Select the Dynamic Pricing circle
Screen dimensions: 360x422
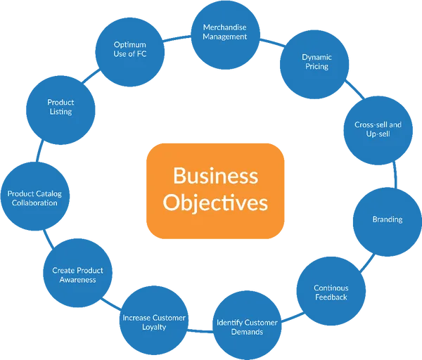point(315,62)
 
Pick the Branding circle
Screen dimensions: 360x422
point(387,219)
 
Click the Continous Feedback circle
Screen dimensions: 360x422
point(331,292)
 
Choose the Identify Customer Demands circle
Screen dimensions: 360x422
point(247,326)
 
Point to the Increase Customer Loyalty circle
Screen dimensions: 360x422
point(154,322)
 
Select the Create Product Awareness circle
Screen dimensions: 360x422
point(77,274)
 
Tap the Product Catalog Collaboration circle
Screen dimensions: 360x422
point(32,198)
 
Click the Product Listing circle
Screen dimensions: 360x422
point(60,107)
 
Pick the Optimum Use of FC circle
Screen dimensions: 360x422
point(130,49)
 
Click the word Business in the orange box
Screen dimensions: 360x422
point(215,174)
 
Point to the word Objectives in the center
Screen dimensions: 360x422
point(215,202)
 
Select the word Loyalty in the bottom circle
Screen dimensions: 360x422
point(154,327)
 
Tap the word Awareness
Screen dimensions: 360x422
point(77,279)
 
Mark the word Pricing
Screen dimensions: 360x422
point(316,67)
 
